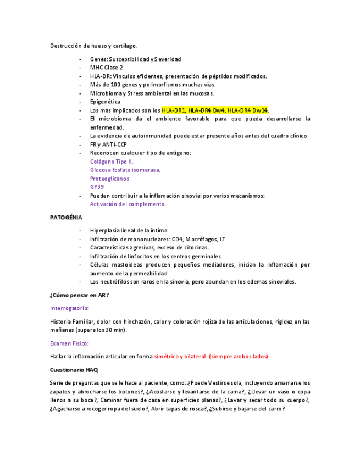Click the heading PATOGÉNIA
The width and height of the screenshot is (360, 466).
(67, 218)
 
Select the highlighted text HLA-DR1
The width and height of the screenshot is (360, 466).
(174, 110)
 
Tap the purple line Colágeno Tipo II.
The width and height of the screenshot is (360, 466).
(112, 162)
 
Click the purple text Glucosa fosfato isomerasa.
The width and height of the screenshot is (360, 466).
(125, 170)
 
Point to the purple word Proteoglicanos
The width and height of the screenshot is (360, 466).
(110, 179)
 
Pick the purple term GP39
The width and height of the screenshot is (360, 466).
(97, 187)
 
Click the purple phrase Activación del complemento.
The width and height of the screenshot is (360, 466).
(128, 204)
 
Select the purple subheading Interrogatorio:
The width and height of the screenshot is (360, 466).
(69, 308)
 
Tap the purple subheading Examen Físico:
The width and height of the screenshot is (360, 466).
(69, 343)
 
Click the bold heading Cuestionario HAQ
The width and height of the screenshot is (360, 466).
(74, 370)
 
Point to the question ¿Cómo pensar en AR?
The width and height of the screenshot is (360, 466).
(79, 295)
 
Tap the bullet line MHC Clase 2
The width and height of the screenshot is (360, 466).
(107, 68)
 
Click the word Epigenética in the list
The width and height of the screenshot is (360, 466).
(105, 102)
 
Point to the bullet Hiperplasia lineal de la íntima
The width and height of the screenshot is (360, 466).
(129, 231)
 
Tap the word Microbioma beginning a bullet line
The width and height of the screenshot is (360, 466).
(104, 93)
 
